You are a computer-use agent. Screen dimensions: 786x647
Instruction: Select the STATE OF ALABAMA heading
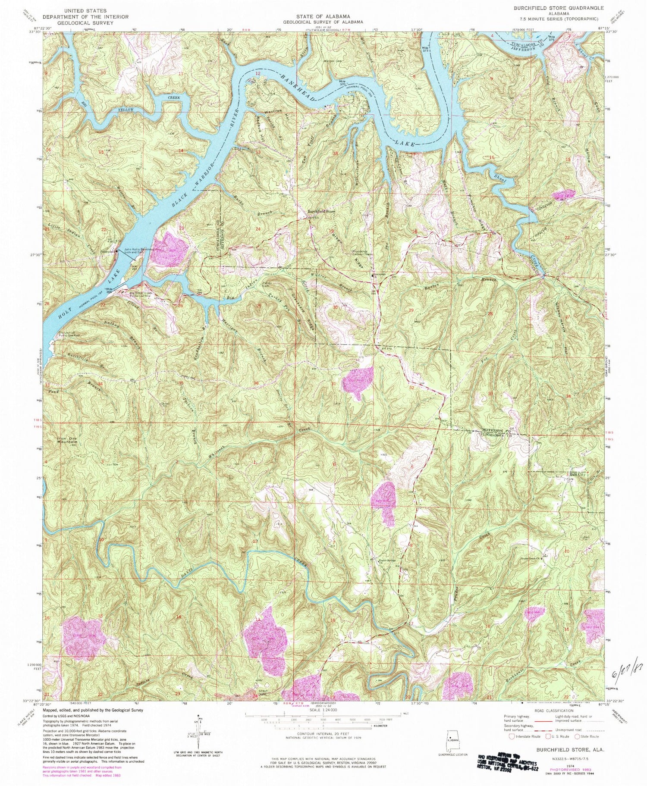pyautogui.click(x=323, y=16)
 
